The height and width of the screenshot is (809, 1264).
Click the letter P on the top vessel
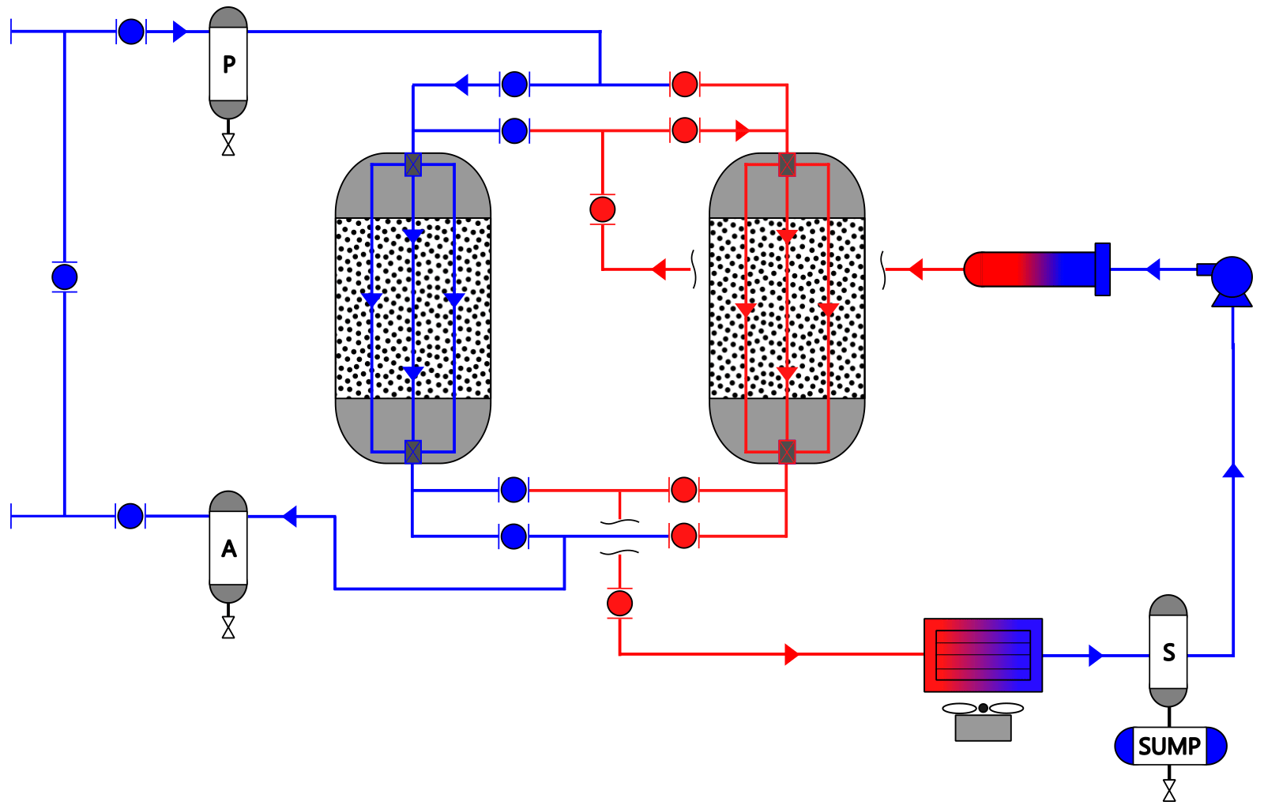[x=228, y=64]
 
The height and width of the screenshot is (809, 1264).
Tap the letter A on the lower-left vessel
[x=228, y=548]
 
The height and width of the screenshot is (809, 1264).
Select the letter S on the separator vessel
[x=1168, y=652]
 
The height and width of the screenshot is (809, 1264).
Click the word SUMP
[x=1169, y=747]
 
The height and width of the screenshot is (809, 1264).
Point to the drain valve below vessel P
[x=228, y=145]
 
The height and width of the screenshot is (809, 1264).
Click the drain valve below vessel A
[x=228, y=627]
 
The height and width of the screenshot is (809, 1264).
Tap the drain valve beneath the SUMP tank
[x=1169, y=790]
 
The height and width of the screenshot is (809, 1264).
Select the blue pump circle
[x=1232, y=277]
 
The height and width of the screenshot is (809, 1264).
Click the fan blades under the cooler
[x=983, y=708]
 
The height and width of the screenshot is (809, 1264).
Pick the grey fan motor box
[x=983, y=728]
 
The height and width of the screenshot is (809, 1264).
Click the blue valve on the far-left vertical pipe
[x=64, y=277]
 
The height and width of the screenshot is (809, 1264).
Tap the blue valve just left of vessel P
[x=131, y=32]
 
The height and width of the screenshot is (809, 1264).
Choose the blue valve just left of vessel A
[x=130, y=516]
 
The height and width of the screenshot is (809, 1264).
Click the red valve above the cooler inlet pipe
[x=619, y=603]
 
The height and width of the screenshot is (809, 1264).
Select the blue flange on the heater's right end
[x=1103, y=269]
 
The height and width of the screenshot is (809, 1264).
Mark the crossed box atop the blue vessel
[x=413, y=165]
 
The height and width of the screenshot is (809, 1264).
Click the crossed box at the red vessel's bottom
[x=787, y=451]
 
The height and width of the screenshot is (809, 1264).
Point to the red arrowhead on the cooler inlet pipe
[x=792, y=654]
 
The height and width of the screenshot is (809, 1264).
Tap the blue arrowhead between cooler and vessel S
[x=1095, y=656]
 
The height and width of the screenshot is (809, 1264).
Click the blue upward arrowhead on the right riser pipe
[x=1233, y=471]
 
